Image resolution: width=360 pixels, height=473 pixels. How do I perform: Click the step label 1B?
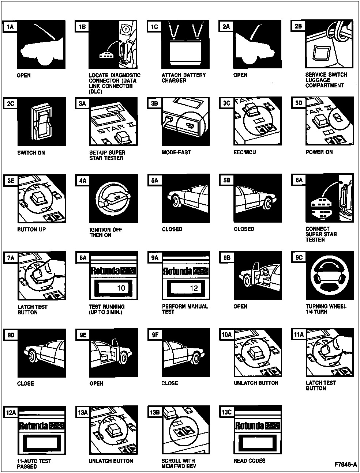tap(82, 27)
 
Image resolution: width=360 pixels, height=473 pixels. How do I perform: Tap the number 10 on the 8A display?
tap(120, 288)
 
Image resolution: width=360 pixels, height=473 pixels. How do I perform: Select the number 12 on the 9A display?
tap(194, 288)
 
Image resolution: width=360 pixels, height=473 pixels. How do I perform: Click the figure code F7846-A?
tap(345, 465)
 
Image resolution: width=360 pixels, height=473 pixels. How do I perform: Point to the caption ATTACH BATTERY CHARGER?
tap(184, 77)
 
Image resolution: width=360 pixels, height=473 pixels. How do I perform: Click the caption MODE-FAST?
tap(176, 152)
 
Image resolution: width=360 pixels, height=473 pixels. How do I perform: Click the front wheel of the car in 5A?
tap(175, 201)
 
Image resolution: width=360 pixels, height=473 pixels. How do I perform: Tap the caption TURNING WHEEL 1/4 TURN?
tap(326, 309)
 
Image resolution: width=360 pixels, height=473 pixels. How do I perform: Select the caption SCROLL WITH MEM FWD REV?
tap(179, 463)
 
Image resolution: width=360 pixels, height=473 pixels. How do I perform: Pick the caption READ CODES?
tap(250, 461)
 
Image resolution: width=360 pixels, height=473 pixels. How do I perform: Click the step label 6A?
tap(299, 180)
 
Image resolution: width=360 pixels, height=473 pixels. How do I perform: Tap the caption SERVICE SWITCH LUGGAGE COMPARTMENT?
tap(326, 80)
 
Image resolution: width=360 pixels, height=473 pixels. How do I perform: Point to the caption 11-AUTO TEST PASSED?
tap(34, 464)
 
